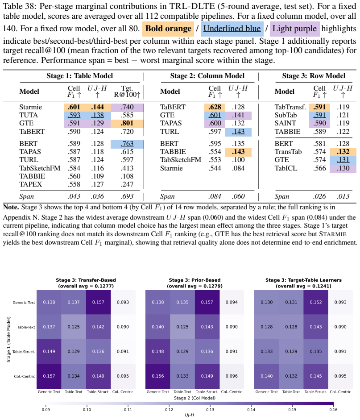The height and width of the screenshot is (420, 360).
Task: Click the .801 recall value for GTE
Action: [127, 123]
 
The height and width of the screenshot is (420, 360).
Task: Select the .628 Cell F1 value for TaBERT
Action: [215, 107]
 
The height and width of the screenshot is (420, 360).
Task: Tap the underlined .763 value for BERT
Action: [127, 144]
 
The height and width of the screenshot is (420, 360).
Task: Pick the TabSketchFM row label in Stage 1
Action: [40, 168]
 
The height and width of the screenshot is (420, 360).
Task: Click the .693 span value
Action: [127, 196]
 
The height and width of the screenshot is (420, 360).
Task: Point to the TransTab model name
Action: [288, 152]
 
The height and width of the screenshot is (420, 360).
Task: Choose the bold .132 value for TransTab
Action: [343, 152]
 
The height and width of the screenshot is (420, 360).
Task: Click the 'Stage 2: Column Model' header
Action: [207, 76]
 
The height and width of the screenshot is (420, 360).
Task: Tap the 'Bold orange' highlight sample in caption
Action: [168, 29]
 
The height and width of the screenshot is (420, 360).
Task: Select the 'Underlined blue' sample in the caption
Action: [232, 29]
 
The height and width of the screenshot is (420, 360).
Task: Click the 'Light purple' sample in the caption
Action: [294, 29]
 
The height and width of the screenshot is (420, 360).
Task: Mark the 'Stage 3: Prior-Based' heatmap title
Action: [194, 280]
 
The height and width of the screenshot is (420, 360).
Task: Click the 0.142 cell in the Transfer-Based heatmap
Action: [98, 327]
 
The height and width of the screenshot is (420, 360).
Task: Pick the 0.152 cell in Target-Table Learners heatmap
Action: [316, 302]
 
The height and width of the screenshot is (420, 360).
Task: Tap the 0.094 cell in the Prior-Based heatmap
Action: [232, 302]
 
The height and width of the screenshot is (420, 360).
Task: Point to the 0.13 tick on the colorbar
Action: [210, 410]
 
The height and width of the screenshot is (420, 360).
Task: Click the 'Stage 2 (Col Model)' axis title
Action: [194, 398]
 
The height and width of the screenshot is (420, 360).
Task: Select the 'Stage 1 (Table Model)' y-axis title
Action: [8, 339]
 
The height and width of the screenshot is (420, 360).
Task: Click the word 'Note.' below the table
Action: [11, 207]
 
